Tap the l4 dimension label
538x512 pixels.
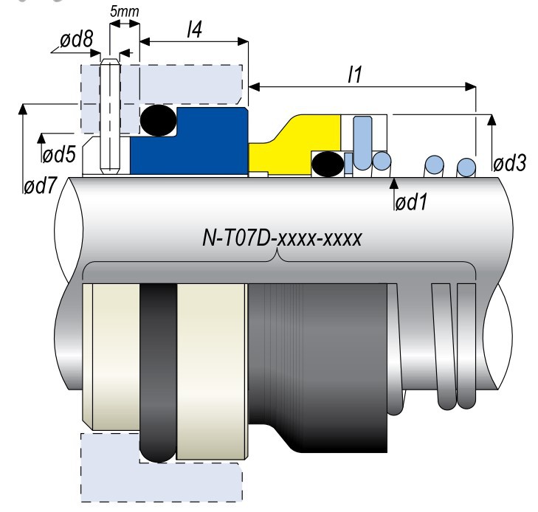coord(194,30)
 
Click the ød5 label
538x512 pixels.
coord(60,155)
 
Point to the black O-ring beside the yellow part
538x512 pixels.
coord(325,164)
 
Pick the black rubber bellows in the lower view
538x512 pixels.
coord(317,361)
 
